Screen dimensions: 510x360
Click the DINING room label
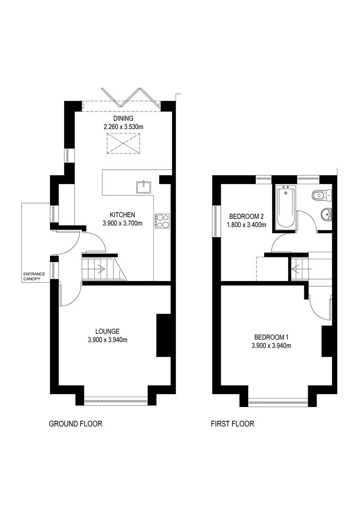[x=123, y=118]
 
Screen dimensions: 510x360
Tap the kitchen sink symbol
[x=143, y=187]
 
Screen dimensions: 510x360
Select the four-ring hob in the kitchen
[x=162, y=221]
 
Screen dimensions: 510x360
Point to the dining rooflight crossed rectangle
[x=124, y=144]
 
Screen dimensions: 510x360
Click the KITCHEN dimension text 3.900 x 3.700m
[x=123, y=223]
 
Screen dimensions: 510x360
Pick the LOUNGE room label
[x=107, y=331]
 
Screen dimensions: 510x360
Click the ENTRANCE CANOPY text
[x=32, y=276]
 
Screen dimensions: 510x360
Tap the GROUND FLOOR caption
[x=75, y=424]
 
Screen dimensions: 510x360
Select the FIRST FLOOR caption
[x=233, y=424]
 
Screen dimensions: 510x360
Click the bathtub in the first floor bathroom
[x=285, y=208]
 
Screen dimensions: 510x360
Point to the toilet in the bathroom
[x=321, y=194]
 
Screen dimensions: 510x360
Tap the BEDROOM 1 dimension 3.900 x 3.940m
[x=271, y=346]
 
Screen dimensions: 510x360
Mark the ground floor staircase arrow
[x=101, y=271]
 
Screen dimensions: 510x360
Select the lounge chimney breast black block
[x=163, y=335]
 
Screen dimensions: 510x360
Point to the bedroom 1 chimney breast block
[x=326, y=341]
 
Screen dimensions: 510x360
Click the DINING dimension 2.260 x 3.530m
[x=123, y=127]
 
